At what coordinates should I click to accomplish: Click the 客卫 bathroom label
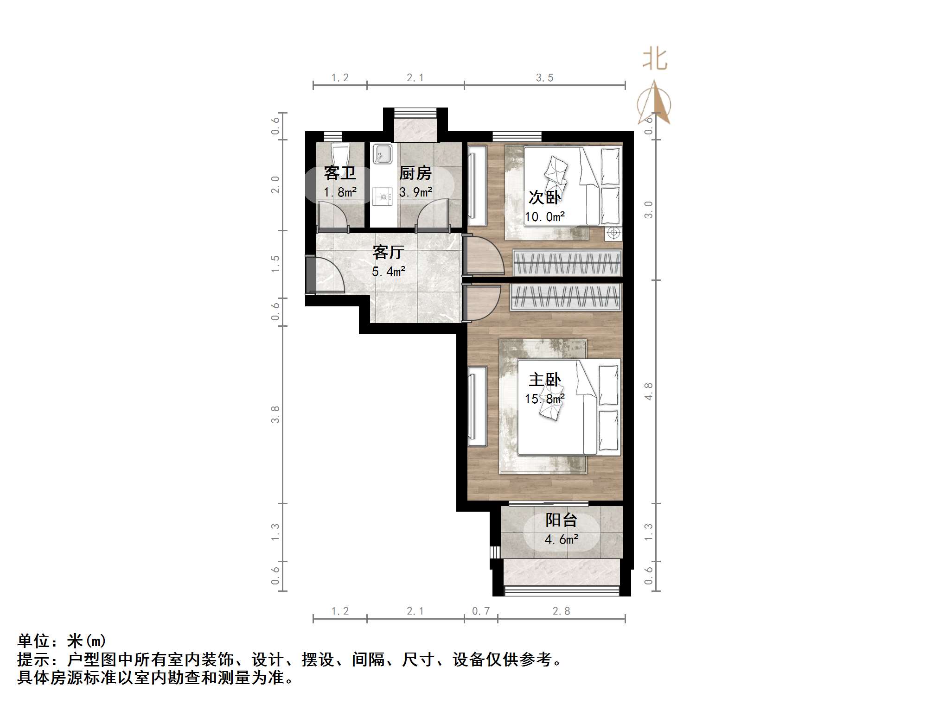pos(340,173)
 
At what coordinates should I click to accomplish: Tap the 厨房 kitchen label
pos(415,173)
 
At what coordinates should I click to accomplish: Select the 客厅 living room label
pos(388,252)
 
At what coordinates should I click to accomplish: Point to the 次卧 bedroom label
pos(544,197)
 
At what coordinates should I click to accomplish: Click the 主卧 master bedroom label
pos(544,380)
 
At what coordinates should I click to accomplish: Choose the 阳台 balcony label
pos(561,520)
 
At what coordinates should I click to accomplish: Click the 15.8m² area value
pos(544,399)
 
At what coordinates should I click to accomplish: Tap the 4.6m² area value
pos(561,539)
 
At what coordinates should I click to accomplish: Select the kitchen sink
pos(383,153)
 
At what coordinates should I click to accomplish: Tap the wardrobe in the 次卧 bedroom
pos(567,263)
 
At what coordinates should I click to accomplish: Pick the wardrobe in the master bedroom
pos(565,297)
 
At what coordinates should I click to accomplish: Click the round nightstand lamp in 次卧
pos(613,233)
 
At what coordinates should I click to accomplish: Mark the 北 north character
pos(654,60)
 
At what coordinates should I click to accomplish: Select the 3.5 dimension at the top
pos(544,78)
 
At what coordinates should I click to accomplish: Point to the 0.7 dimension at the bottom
pos(480,611)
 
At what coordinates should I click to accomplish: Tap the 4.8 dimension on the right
pos(648,392)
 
